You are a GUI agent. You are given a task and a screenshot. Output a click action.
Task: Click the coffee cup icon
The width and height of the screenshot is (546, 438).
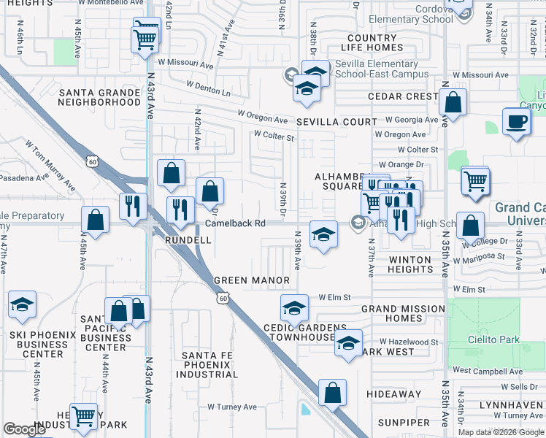517,122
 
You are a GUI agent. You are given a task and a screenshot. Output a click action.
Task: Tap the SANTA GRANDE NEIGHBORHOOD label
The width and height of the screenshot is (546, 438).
99,97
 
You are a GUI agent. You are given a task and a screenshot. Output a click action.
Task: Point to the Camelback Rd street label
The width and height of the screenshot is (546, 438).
234,223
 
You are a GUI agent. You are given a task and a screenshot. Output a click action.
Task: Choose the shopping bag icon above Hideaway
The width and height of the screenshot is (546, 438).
333,392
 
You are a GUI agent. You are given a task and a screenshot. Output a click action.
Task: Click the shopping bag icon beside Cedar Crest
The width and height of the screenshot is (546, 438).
453,104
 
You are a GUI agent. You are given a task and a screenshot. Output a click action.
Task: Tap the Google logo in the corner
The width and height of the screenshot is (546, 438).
25,429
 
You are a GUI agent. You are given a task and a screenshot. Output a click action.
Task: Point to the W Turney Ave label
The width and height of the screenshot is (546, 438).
232,407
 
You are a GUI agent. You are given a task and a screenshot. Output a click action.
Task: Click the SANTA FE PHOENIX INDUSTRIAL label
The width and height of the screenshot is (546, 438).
206,365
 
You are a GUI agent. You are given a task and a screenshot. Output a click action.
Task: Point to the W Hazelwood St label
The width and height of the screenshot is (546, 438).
409,342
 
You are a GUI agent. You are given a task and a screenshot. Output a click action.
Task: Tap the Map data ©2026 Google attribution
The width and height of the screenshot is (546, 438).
500,432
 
